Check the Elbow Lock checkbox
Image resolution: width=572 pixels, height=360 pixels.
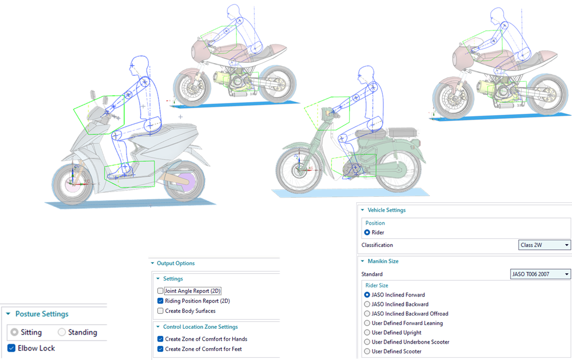11,348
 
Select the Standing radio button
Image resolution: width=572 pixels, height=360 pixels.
62,332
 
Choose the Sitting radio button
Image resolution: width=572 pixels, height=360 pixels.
14,332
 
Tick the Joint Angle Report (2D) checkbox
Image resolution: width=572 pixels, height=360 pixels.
160,291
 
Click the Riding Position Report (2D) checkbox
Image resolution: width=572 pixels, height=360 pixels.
160,301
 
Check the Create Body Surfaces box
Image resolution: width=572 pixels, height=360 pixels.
160,311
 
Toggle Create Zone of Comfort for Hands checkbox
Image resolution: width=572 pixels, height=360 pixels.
160,339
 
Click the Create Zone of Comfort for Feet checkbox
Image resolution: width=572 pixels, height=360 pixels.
160,349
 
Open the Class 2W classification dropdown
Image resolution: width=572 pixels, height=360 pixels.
544,245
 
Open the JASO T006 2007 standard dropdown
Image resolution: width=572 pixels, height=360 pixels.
540,274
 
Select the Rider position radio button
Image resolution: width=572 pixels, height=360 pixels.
367,232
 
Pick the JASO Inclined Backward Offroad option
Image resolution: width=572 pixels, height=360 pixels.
367,314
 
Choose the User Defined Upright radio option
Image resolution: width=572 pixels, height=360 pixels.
367,332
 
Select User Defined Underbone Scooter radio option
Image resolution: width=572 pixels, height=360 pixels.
367,342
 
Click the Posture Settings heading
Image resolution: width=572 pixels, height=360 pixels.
42,314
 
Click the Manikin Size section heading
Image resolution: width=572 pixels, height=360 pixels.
383,261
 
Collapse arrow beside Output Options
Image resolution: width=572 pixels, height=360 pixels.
152,263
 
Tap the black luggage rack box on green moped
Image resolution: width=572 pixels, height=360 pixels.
403,133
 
